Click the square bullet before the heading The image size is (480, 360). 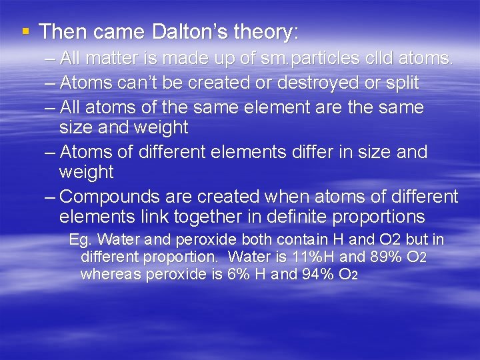point(25,31)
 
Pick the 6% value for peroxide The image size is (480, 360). point(237,274)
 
